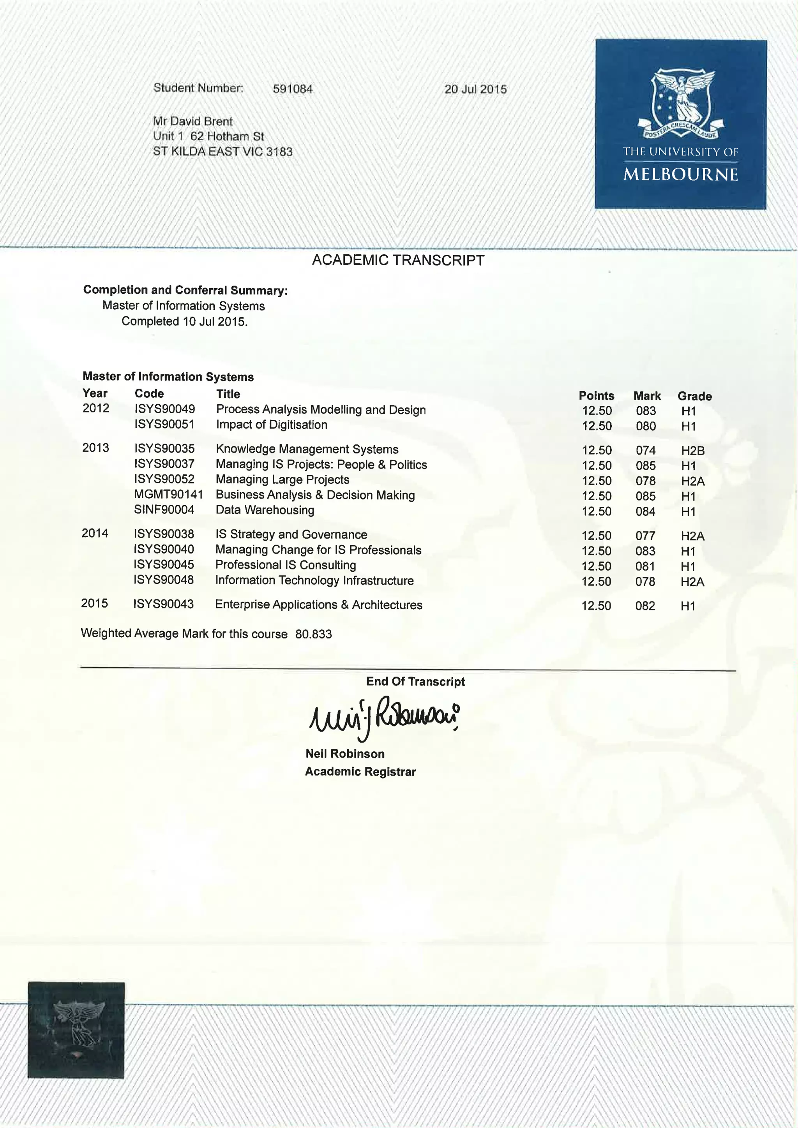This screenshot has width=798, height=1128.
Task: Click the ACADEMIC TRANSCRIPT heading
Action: click(398, 261)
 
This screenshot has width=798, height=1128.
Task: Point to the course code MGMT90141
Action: click(168, 495)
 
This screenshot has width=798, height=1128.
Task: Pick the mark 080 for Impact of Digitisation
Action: click(646, 426)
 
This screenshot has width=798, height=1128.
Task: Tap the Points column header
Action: click(596, 396)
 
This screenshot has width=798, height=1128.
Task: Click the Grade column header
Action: click(694, 396)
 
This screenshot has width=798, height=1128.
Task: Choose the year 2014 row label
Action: click(95, 534)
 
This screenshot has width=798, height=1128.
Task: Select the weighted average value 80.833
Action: click(314, 634)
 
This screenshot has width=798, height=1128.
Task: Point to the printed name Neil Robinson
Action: click(345, 754)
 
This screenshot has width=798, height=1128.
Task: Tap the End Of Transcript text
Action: click(415, 681)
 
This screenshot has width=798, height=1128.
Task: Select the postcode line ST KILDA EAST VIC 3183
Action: click(222, 152)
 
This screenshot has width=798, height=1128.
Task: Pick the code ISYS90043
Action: click(163, 604)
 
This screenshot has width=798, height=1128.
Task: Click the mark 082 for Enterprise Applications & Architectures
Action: click(645, 606)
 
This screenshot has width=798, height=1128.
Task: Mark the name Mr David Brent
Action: click(192, 122)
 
